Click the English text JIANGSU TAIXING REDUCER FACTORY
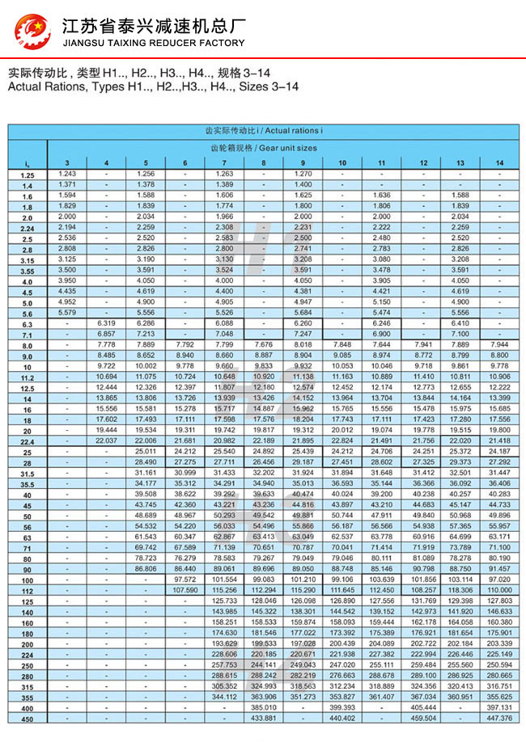pos(153,43)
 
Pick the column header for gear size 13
pos(460,164)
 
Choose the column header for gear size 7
pos(223,164)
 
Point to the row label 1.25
pos(28,175)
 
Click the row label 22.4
pos(28,441)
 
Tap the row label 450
pos(28,719)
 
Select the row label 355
pos(28,697)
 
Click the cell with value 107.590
pos(185,590)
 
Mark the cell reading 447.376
pos(500,718)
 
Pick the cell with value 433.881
pos(264,718)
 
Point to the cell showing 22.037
pos(106,440)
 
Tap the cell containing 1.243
pos(67,174)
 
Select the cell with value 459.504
pos(422,718)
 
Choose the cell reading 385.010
pos(264,706)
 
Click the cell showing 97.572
pos(185,579)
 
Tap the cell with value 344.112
pos(224,696)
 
